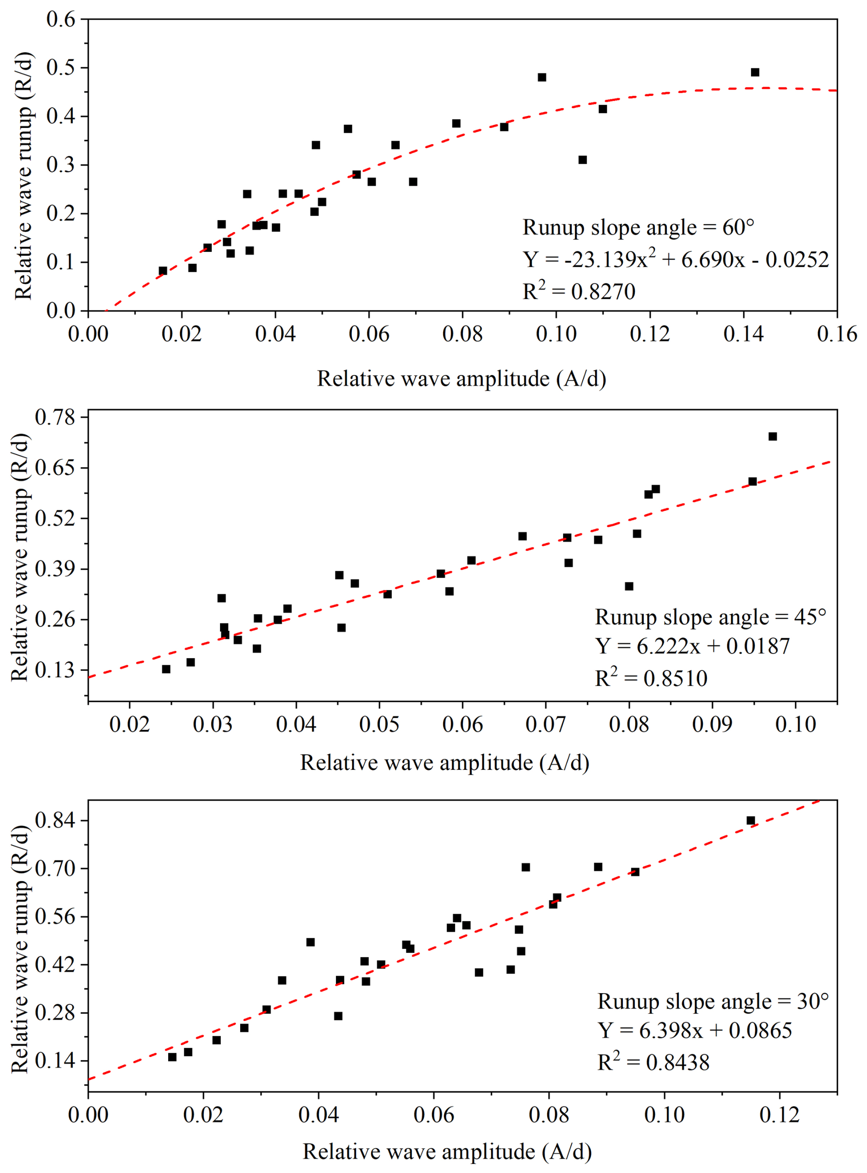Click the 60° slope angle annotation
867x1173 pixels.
(x=638, y=227)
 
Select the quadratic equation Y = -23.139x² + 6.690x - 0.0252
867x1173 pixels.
(x=675, y=260)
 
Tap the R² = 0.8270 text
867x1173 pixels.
(x=578, y=291)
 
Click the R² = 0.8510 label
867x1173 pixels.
(x=651, y=678)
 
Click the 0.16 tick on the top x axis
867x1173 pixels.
(x=837, y=334)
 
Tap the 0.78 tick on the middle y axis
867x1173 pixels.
(x=55, y=417)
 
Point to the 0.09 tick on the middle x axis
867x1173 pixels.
(x=712, y=724)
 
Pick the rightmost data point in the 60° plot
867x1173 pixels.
(x=755, y=72)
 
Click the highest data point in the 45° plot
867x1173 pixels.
(x=773, y=437)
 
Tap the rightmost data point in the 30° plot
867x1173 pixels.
(x=751, y=821)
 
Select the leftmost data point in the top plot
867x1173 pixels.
(x=163, y=271)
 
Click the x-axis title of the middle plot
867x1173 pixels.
(x=444, y=763)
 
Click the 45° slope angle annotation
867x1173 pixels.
(x=710, y=617)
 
